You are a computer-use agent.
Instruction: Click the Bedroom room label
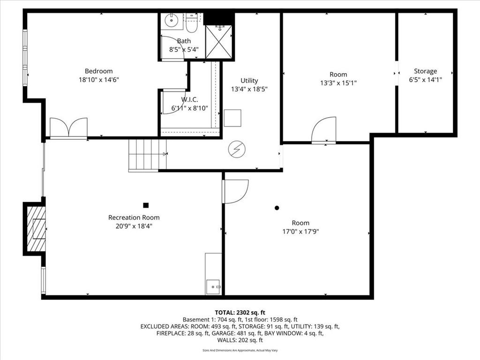point(98,71)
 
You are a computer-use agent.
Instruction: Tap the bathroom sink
point(171,21)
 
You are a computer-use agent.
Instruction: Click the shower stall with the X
point(218,42)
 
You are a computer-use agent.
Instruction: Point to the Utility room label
point(249,81)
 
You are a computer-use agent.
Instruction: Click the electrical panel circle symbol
point(237,150)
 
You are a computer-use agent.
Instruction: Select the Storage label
point(425,71)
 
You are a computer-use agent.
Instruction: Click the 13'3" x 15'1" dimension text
point(338,83)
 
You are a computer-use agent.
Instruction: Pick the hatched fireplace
point(36,229)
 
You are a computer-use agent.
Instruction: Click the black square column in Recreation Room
point(146,205)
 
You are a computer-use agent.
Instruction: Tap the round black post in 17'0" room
point(277,208)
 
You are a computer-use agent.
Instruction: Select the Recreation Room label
point(134,217)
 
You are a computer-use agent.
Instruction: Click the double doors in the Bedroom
point(68,127)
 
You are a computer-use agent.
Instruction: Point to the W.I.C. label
point(189,99)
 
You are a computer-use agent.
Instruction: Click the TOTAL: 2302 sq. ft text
point(240,313)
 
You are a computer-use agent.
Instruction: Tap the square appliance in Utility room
point(232,118)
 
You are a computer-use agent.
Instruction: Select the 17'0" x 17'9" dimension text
point(300,232)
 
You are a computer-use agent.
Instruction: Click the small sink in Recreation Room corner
point(213,287)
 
